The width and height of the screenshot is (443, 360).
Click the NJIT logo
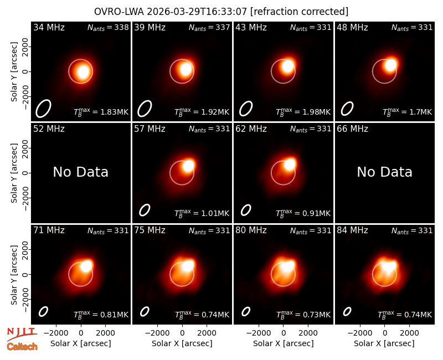[x=22, y=334]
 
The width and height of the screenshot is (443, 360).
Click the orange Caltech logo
[x=22, y=347]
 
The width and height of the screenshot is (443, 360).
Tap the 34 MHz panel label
[x=49, y=27]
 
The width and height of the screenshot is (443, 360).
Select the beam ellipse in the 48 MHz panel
[x=347, y=109]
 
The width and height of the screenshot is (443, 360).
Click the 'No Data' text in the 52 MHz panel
[x=81, y=172]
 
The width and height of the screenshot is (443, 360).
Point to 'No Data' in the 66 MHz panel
[x=384, y=172]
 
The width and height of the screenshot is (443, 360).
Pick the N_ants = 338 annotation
[x=108, y=27]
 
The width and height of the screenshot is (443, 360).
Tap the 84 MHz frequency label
[x=352, y=230]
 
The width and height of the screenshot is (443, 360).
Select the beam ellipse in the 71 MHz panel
[x=43, y=312]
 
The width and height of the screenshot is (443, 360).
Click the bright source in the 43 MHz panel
[x=287, y=66]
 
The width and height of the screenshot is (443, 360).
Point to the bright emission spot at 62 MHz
[x=289, y=164]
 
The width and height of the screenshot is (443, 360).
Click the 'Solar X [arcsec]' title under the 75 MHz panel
[x=182, y=343]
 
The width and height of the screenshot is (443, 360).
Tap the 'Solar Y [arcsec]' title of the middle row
[x=14, y=173]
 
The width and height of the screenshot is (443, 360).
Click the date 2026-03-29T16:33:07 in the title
[x=197, y=12]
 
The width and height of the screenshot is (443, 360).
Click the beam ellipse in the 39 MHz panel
[x=145, y=109]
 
